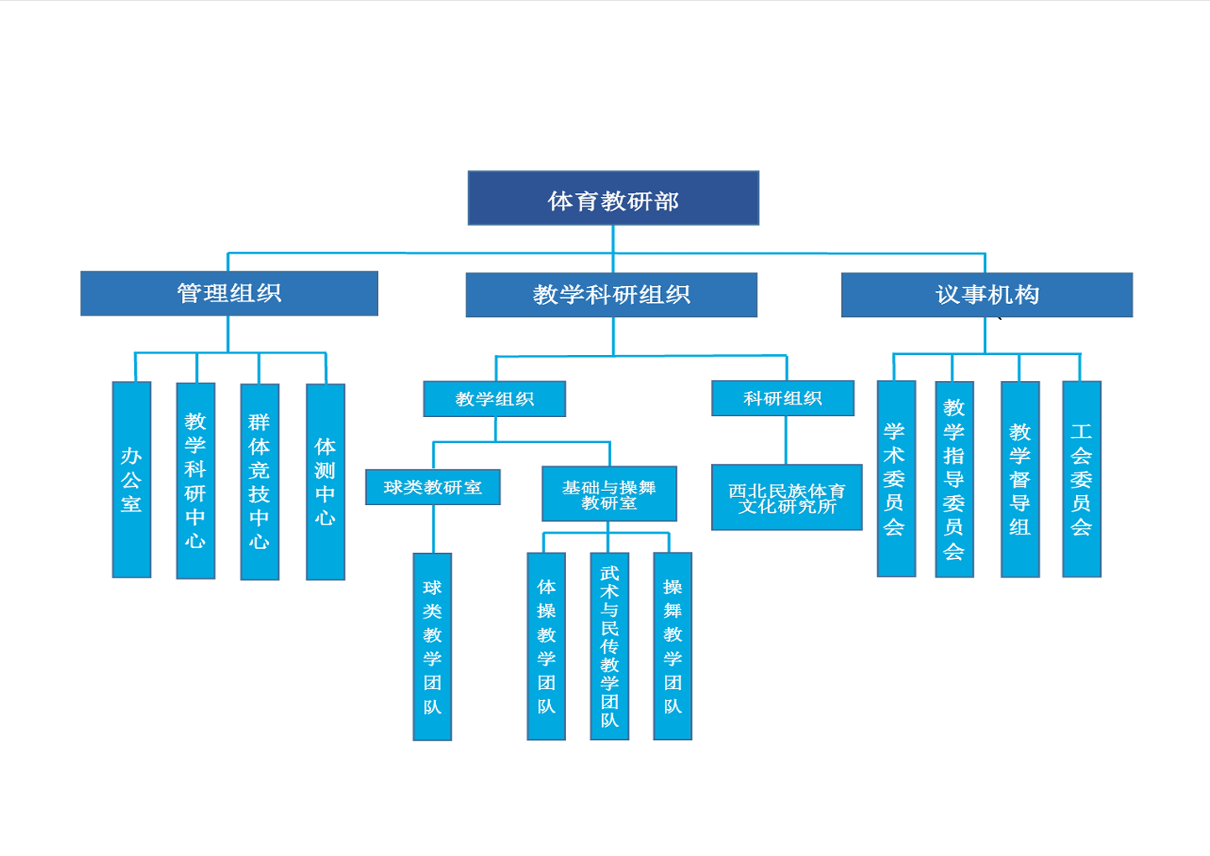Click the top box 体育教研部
coord(613,198)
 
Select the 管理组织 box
coord(229,293)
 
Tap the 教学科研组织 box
coord(611,295)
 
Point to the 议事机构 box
coord(987,295)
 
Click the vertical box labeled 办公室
coord(132,480)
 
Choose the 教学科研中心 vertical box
coord(195,481)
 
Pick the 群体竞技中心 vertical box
coord(260,482)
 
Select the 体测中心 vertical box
coord(325,482)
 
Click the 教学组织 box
coord(494,399)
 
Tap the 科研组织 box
coord(782,399)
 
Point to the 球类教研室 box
coord(433,488)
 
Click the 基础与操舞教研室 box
coord(610,493)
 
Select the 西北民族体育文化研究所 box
coord(787,498)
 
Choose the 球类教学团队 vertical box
coord(432,647)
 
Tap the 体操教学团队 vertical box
coord(546,646)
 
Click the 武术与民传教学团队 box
coord(610,646)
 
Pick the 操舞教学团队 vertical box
coord(673,646)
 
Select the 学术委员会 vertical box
coord(896,478)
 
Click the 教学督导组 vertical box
coord(1020,480)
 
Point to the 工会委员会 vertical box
coord(1082,479)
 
